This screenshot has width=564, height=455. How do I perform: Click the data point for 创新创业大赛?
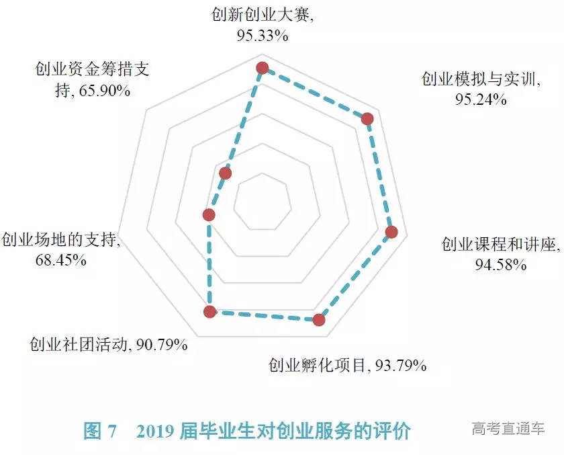click(262, 68)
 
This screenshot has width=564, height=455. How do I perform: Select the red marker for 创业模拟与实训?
click(367, 119)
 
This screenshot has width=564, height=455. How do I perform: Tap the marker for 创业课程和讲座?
click(392, 233)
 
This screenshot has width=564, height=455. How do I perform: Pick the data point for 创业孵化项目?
click(319, 320)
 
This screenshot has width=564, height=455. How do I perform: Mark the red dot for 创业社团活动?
click(209, 311)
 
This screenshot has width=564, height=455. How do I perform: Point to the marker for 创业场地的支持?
click(209, 215)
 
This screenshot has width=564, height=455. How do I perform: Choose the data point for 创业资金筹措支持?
click(226, 174)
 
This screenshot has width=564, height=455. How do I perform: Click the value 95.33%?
click(262, 36)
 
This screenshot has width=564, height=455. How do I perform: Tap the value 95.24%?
click(480, 99)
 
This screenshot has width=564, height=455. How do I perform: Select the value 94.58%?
click(500, 264)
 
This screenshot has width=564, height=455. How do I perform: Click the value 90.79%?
click(161, 345)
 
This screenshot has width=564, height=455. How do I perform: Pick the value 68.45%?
click(60, 259)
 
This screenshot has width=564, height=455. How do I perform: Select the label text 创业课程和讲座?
click(499, 245)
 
